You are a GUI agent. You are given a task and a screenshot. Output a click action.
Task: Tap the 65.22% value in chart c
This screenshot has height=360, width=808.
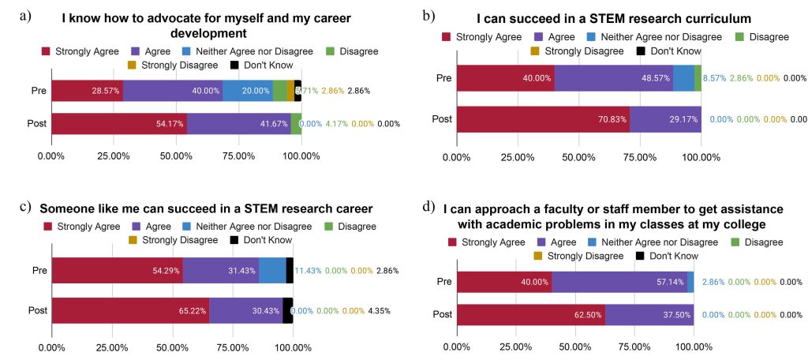[x=193, y=310]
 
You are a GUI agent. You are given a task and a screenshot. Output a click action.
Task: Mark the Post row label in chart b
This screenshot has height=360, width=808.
[x=442, y=119]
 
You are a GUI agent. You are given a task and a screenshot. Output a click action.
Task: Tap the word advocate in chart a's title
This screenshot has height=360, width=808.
[x=164, y=17]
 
